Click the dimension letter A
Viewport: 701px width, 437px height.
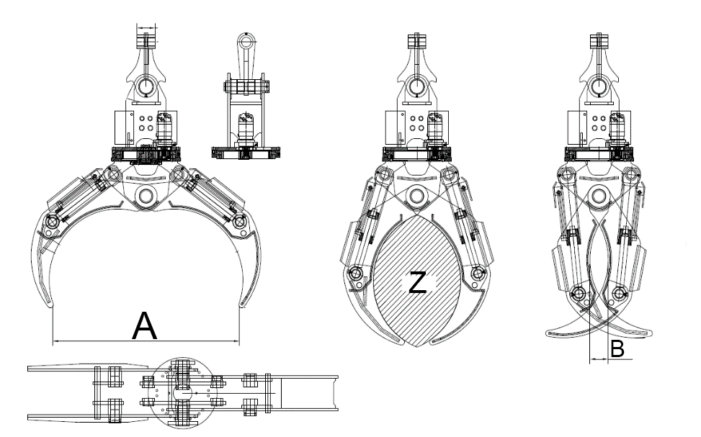pos(145,326)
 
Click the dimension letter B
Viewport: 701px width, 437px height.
pos(617,349)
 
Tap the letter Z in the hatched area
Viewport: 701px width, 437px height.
pos(417,283)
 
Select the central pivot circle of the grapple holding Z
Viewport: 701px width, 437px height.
pos(416,195)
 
